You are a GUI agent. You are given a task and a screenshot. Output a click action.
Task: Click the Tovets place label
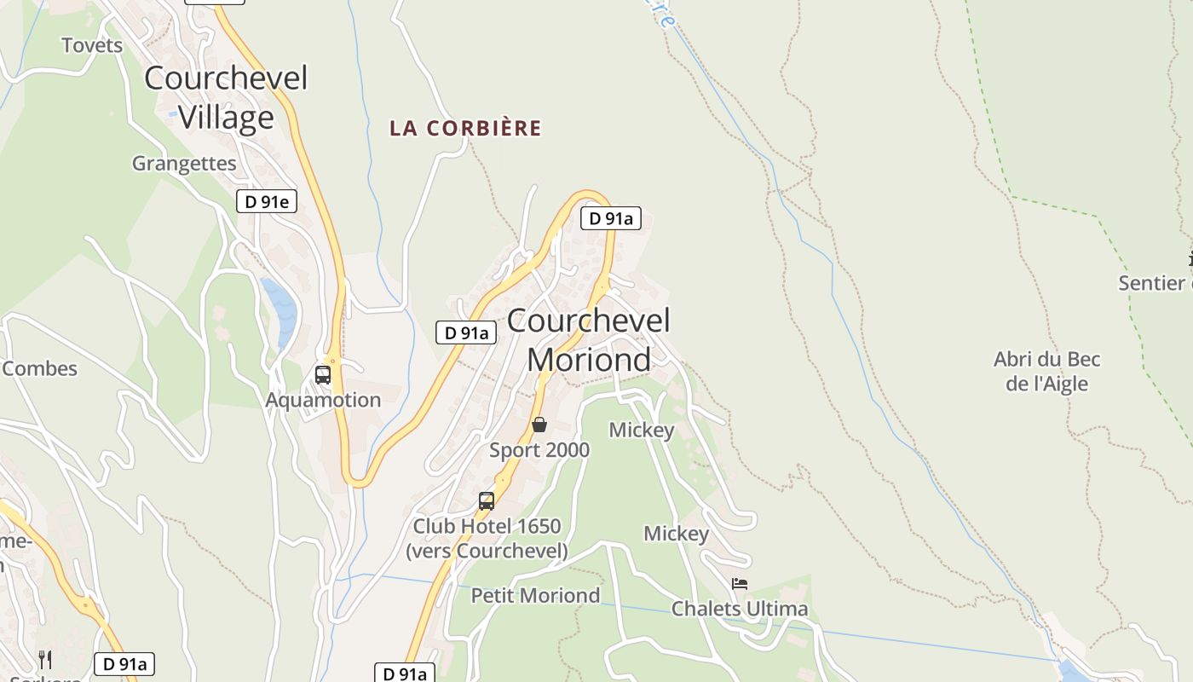92,45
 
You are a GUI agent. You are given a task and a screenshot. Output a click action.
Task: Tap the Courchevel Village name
226,97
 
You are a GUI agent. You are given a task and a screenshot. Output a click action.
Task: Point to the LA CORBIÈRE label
465,128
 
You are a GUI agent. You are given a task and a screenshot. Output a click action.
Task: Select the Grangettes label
184,163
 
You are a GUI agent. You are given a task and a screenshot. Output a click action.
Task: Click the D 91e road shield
267,201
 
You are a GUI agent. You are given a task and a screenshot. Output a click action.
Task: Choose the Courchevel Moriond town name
589,340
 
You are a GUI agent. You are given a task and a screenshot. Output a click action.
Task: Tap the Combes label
39,368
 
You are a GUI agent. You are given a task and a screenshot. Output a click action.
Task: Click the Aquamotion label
323,400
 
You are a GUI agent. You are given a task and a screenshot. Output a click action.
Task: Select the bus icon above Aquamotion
323,374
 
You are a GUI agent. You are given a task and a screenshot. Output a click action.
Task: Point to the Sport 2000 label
539,449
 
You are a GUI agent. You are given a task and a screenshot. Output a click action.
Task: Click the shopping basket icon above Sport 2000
539,425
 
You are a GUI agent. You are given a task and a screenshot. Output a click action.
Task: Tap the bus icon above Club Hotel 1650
487,501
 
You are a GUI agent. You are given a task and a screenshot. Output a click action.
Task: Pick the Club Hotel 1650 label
487,538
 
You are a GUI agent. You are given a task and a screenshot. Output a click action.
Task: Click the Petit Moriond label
535,595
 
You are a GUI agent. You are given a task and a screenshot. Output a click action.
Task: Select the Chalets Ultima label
740,609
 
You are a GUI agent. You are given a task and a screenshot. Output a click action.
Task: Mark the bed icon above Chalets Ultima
740,584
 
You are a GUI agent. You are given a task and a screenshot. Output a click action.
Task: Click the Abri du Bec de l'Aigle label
1047,371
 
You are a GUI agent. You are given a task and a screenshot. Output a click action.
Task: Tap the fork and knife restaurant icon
45,659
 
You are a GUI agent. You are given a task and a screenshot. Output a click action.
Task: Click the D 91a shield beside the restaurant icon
124,664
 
